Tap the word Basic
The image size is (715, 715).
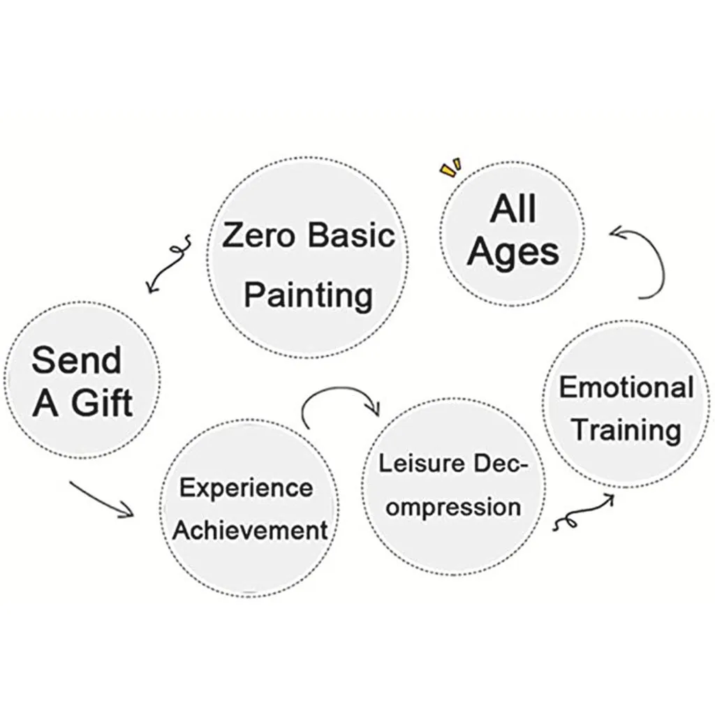(x=351, y=236)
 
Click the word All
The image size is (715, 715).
(x=513, y=209)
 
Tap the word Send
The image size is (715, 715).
(x=76, y=360)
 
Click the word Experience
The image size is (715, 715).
(x=246, y=487)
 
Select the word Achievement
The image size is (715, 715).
(x=250, y=531)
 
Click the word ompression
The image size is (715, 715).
(x=453, y=506)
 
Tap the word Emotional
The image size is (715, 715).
(x=626, y=387)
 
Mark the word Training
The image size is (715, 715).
(x=626, y=429)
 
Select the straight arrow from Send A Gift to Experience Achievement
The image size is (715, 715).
(x=102, y=499)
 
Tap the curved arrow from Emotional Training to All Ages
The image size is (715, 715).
(x=647, y=261)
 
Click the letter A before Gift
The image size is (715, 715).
(x=45, y=404)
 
